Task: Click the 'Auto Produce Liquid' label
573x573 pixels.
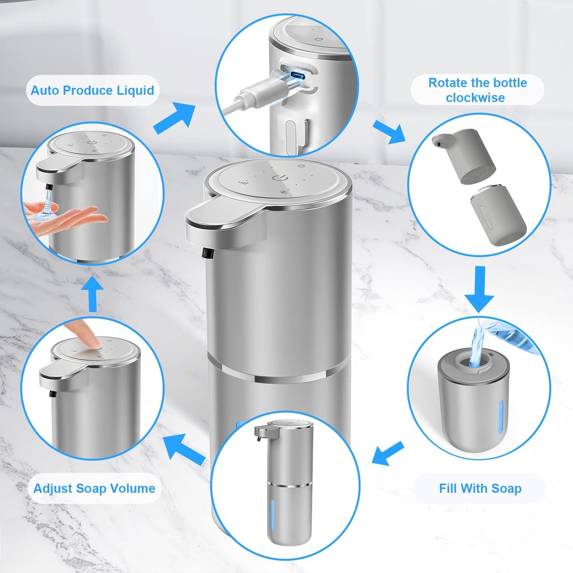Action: point(92,90)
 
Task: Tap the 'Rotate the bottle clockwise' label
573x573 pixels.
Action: point(477,90)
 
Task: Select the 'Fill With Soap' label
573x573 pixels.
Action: point(480,488)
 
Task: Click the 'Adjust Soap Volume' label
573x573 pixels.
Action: point(94,488)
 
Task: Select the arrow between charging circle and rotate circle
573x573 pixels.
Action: point(389,132)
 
